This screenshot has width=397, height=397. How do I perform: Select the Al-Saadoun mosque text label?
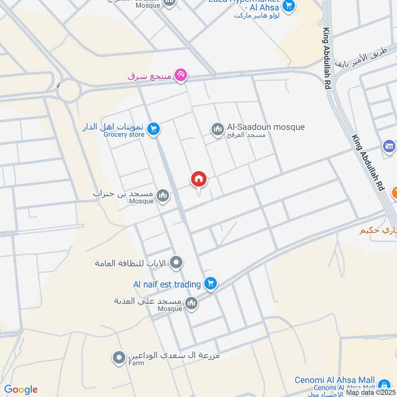265,127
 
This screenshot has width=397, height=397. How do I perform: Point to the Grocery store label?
124,134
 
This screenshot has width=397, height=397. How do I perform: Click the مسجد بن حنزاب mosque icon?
163,197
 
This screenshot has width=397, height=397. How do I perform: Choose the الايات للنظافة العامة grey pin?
176,263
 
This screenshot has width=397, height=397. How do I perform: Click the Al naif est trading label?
167,284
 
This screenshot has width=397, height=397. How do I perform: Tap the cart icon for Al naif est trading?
211,283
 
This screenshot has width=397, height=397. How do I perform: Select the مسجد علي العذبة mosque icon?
191,303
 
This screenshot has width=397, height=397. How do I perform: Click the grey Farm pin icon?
119,357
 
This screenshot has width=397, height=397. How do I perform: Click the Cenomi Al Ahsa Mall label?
334,380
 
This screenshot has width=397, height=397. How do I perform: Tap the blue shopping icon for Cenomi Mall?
384,385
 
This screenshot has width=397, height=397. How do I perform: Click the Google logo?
21,390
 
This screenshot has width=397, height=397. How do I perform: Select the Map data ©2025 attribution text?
370,393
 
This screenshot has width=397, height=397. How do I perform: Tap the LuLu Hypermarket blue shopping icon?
288,7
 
